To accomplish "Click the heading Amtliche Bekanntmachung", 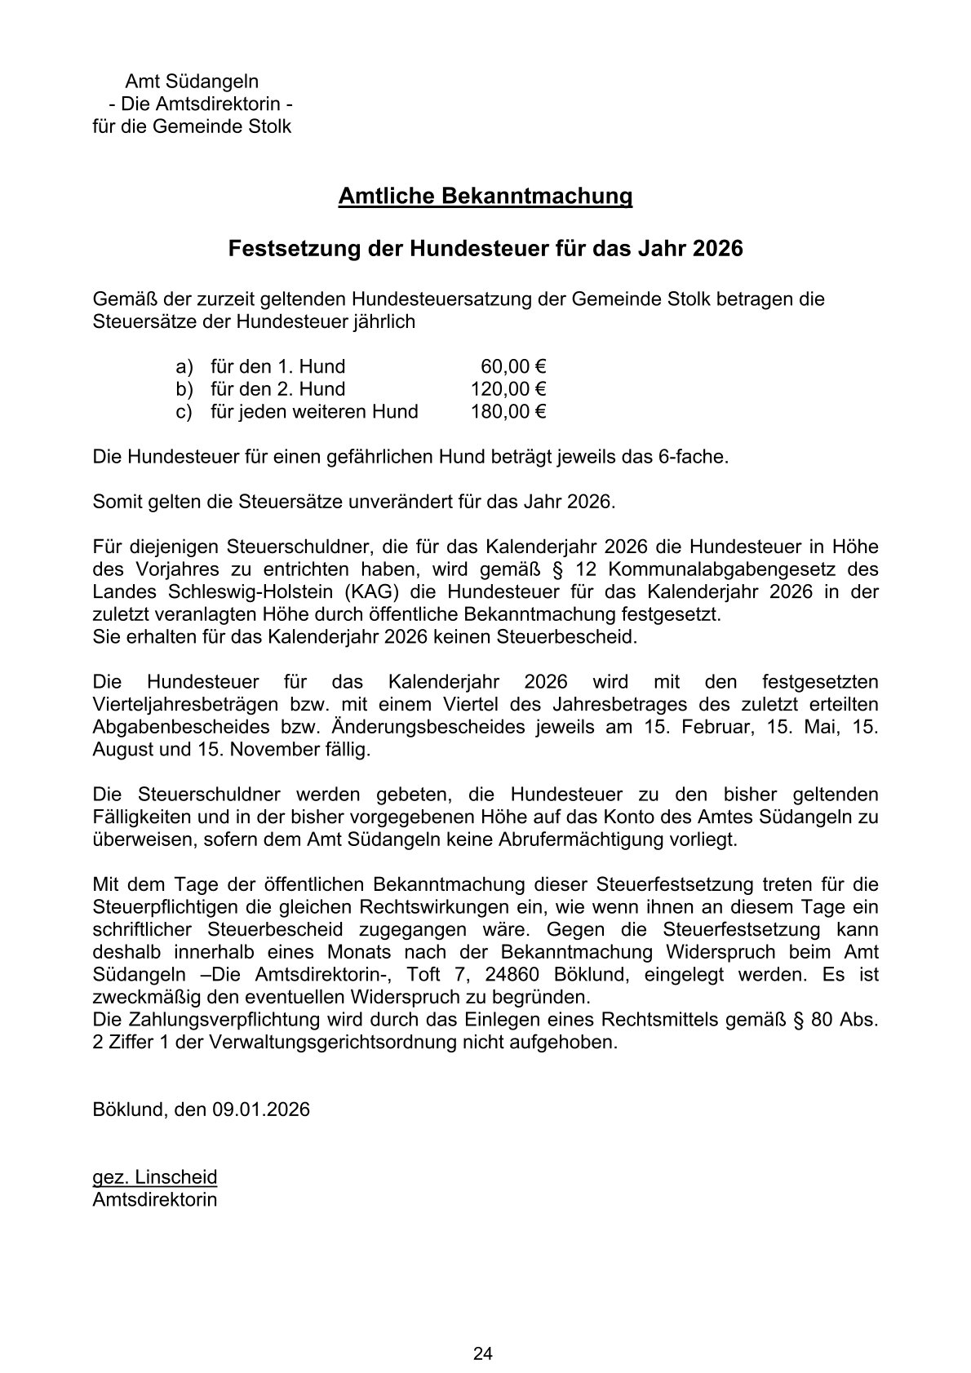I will tap(485, 197).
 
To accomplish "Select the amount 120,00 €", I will tap(508, 389).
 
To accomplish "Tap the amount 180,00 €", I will tap(508, 412).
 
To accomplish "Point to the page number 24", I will tap(483, 1332).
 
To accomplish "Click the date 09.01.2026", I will tap(262, 1109).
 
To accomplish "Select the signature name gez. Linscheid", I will tap(155, 1177).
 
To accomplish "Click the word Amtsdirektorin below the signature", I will tap(155, 1200).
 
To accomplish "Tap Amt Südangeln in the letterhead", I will tap(192, 82).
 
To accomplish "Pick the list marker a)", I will tap(184, 366).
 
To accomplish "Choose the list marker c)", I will tap(184, 412).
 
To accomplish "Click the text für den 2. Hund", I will tap(277, 389).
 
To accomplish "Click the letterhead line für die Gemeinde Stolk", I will tap(192, 127).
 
